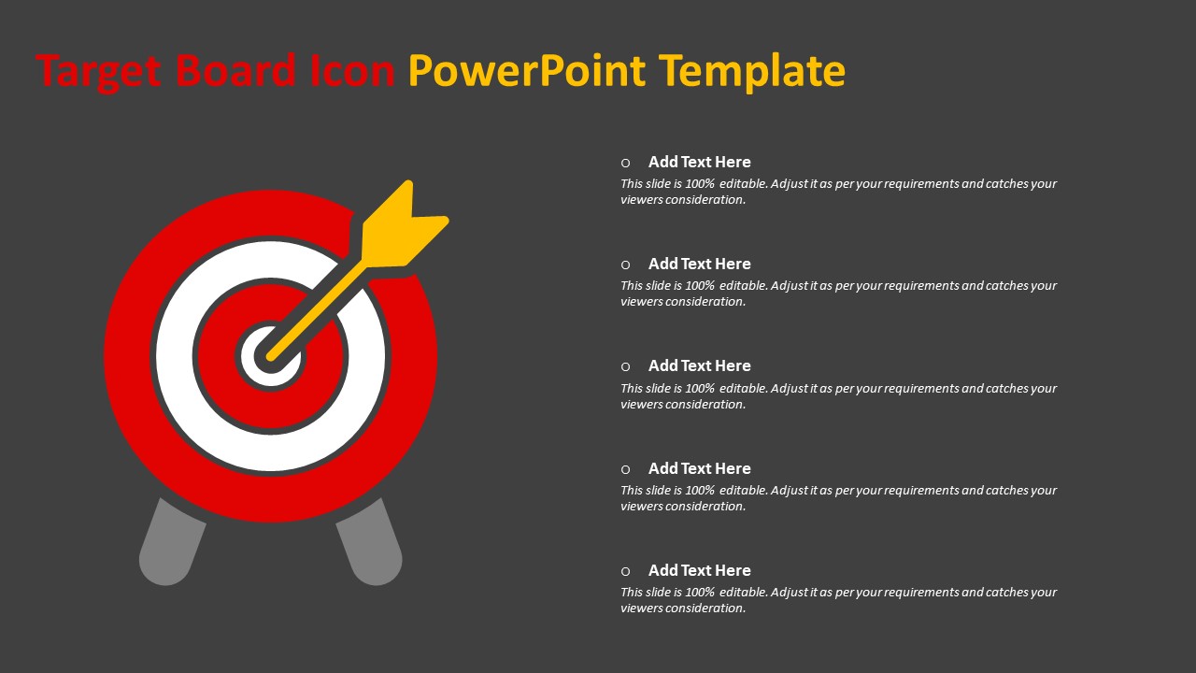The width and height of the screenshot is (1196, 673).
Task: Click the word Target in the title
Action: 98,71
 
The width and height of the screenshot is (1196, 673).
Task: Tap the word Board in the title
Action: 235,69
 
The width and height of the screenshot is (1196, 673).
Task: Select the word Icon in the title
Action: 352,70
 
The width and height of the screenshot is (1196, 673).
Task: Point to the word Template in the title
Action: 752,71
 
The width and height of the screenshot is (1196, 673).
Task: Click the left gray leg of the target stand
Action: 171,541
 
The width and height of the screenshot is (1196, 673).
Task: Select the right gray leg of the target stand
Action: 369,541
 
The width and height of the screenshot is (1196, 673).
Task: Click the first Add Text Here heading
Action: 700,162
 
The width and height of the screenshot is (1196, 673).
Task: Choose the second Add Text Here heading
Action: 700,264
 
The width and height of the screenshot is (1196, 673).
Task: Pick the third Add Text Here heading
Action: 700,365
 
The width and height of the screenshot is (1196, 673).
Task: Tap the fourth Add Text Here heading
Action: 700,468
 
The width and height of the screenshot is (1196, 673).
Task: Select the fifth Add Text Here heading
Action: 700,570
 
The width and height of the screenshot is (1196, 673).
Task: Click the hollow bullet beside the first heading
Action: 626,163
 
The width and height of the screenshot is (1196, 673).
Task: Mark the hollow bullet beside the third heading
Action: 626,367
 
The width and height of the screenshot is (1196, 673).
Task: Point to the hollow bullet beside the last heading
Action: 626,571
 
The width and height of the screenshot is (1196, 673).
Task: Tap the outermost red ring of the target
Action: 128,356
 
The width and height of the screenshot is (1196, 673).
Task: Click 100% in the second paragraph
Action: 700,286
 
